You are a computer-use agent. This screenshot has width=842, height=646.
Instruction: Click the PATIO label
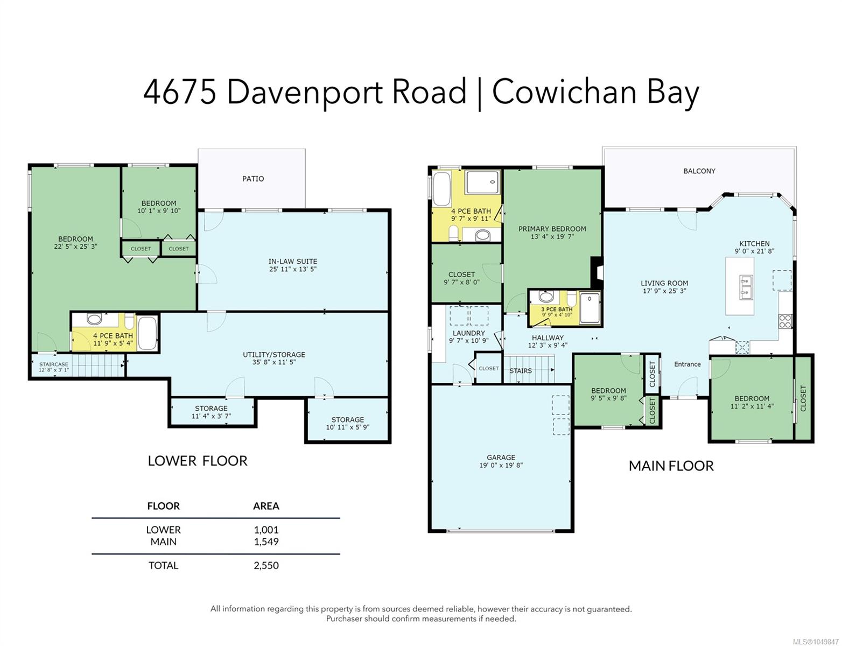(x=252, y=179)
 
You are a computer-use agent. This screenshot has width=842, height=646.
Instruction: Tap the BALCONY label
(x=699, y=171)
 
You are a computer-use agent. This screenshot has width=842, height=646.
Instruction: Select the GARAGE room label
(x=501, y=458)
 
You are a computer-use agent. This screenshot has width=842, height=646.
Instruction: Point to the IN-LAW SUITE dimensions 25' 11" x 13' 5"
(x=292, y=269)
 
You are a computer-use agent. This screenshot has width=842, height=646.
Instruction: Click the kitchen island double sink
(x=746, y=287)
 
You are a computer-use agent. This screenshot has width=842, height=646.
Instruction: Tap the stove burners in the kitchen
(x=785, y=321)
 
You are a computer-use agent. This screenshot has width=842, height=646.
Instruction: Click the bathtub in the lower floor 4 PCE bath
(x=148, y=333)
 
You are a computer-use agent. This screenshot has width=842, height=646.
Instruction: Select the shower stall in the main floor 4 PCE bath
(x=482, y=182)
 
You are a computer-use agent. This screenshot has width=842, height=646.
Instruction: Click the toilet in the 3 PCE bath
(x=572, y=299)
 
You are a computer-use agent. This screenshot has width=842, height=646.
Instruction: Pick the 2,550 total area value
(x=266, y=565)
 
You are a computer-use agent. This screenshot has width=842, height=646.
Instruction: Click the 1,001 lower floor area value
(x=266, y=529)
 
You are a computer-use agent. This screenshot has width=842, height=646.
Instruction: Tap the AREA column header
(x=266, y=506)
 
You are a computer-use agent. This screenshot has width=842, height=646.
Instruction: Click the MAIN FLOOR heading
(x=671, y=466)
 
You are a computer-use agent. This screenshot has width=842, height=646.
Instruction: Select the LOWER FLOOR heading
(x=197, y=460)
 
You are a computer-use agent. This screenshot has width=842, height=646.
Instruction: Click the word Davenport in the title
(x=304, y=92)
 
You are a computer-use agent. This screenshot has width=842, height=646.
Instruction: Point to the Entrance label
(x=687, y=364)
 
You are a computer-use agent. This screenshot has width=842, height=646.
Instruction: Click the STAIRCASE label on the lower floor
(x=53, y=364)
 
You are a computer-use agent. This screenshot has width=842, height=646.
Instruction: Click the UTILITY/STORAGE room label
(x=274, y=354)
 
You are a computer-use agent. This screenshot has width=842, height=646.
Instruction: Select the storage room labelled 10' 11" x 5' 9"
(x=348, y=423)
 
